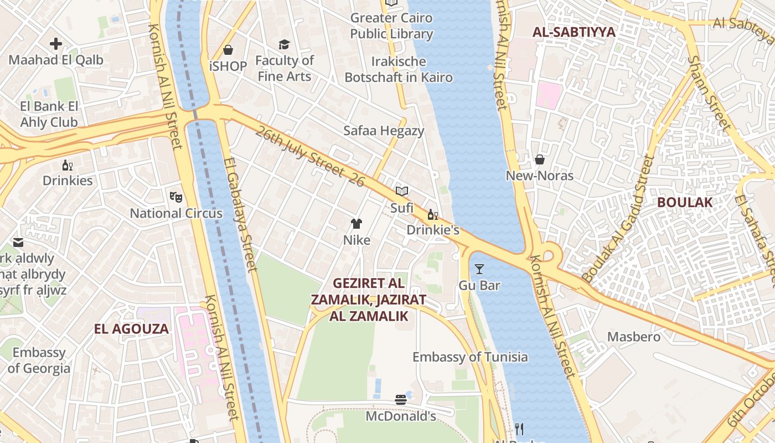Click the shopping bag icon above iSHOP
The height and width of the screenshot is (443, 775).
point(228,50)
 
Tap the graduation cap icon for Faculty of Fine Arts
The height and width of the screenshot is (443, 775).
point(284,44)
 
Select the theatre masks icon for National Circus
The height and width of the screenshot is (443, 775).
point(176,197)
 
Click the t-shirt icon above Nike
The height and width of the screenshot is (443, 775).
point(356,224)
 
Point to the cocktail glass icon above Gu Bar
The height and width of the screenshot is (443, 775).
point(479,269)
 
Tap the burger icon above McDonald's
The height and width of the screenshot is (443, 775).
point(401,399)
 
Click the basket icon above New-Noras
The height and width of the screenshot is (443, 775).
point(540,159)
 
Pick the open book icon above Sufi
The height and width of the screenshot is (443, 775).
point(402,191)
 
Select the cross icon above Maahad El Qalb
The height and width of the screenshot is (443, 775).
point(56,43)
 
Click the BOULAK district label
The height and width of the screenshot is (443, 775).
point(685,202)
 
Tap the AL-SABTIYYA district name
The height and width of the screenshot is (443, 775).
point(573,32)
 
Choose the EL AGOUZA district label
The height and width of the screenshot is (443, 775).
point(131,329)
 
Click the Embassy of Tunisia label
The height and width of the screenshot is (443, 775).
point(470,357)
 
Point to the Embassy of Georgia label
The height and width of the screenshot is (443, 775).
point(39,360)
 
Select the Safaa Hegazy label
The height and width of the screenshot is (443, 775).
point(384,131)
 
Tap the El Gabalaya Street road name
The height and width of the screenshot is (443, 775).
point(240,215)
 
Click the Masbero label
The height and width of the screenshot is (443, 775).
point(634,337)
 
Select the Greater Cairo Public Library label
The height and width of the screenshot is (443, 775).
point(391,25)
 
